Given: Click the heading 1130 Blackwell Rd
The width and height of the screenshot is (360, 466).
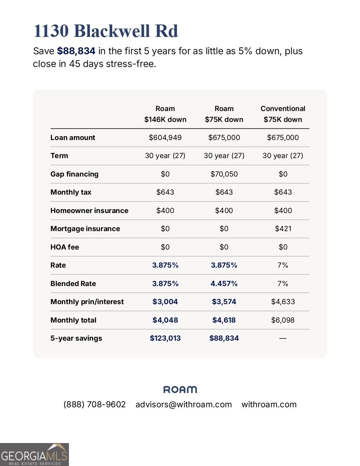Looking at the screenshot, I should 106,31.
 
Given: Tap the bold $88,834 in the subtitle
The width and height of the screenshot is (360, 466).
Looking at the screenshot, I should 76,51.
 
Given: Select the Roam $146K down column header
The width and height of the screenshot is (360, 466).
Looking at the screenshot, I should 165,114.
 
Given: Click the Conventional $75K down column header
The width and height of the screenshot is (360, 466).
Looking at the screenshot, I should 283,114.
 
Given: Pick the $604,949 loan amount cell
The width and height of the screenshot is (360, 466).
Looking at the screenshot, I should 165,138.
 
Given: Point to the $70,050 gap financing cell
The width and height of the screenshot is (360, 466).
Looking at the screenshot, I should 224,174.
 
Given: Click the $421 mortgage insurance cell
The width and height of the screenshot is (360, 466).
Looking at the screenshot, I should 283,229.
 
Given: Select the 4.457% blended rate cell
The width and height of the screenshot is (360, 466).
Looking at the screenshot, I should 224,284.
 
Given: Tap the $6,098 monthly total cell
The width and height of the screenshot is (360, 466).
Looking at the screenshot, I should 283,320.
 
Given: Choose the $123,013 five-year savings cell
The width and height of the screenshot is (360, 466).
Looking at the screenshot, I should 165,338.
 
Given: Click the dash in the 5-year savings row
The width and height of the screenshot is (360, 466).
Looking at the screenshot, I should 283,338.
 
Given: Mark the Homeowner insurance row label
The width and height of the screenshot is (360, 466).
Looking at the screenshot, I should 89,211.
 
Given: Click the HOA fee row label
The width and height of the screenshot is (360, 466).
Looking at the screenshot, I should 65,247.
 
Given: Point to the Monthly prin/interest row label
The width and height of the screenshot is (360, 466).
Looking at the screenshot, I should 87,302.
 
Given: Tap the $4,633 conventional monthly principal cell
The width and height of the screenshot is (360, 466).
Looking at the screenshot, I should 283,302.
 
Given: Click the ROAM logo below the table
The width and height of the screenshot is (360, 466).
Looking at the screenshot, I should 180,390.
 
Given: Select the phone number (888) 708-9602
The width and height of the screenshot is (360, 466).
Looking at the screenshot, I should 95,405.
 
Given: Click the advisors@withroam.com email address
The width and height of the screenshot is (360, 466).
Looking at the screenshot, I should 183,405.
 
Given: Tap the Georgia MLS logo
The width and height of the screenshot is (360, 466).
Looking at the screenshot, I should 34,455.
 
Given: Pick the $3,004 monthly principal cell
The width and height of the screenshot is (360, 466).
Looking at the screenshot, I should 165,302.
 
